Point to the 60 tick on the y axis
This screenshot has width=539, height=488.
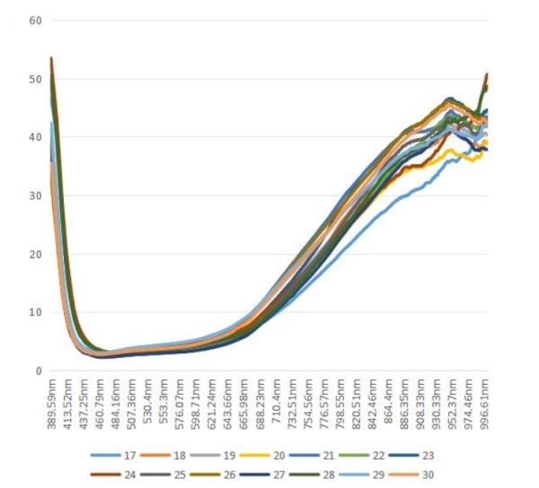36,20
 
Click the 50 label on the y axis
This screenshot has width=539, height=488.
36,79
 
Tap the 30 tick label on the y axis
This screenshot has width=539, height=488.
36,196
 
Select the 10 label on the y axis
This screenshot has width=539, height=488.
36,312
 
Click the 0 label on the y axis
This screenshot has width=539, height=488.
39,370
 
